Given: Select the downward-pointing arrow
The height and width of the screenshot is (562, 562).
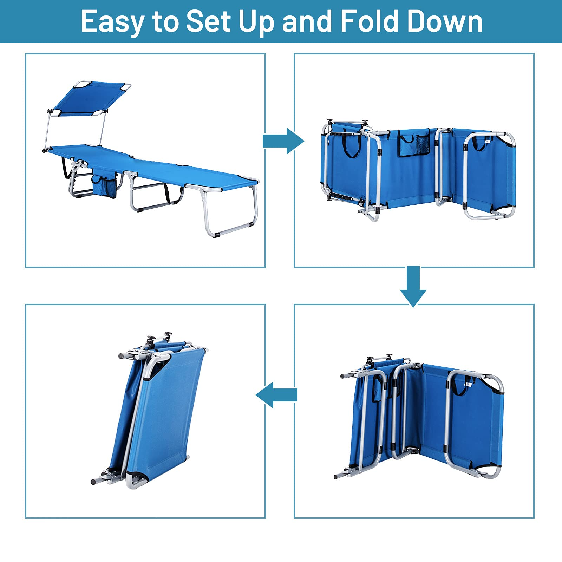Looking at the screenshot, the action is tap(413, 287).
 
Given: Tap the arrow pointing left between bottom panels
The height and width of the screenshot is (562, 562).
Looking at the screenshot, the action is tap(276, 395).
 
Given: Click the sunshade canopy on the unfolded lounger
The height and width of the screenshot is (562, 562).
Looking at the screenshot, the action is tap(90, 99).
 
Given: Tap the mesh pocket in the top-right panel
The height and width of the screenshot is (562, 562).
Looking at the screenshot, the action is tap(423, 144).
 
